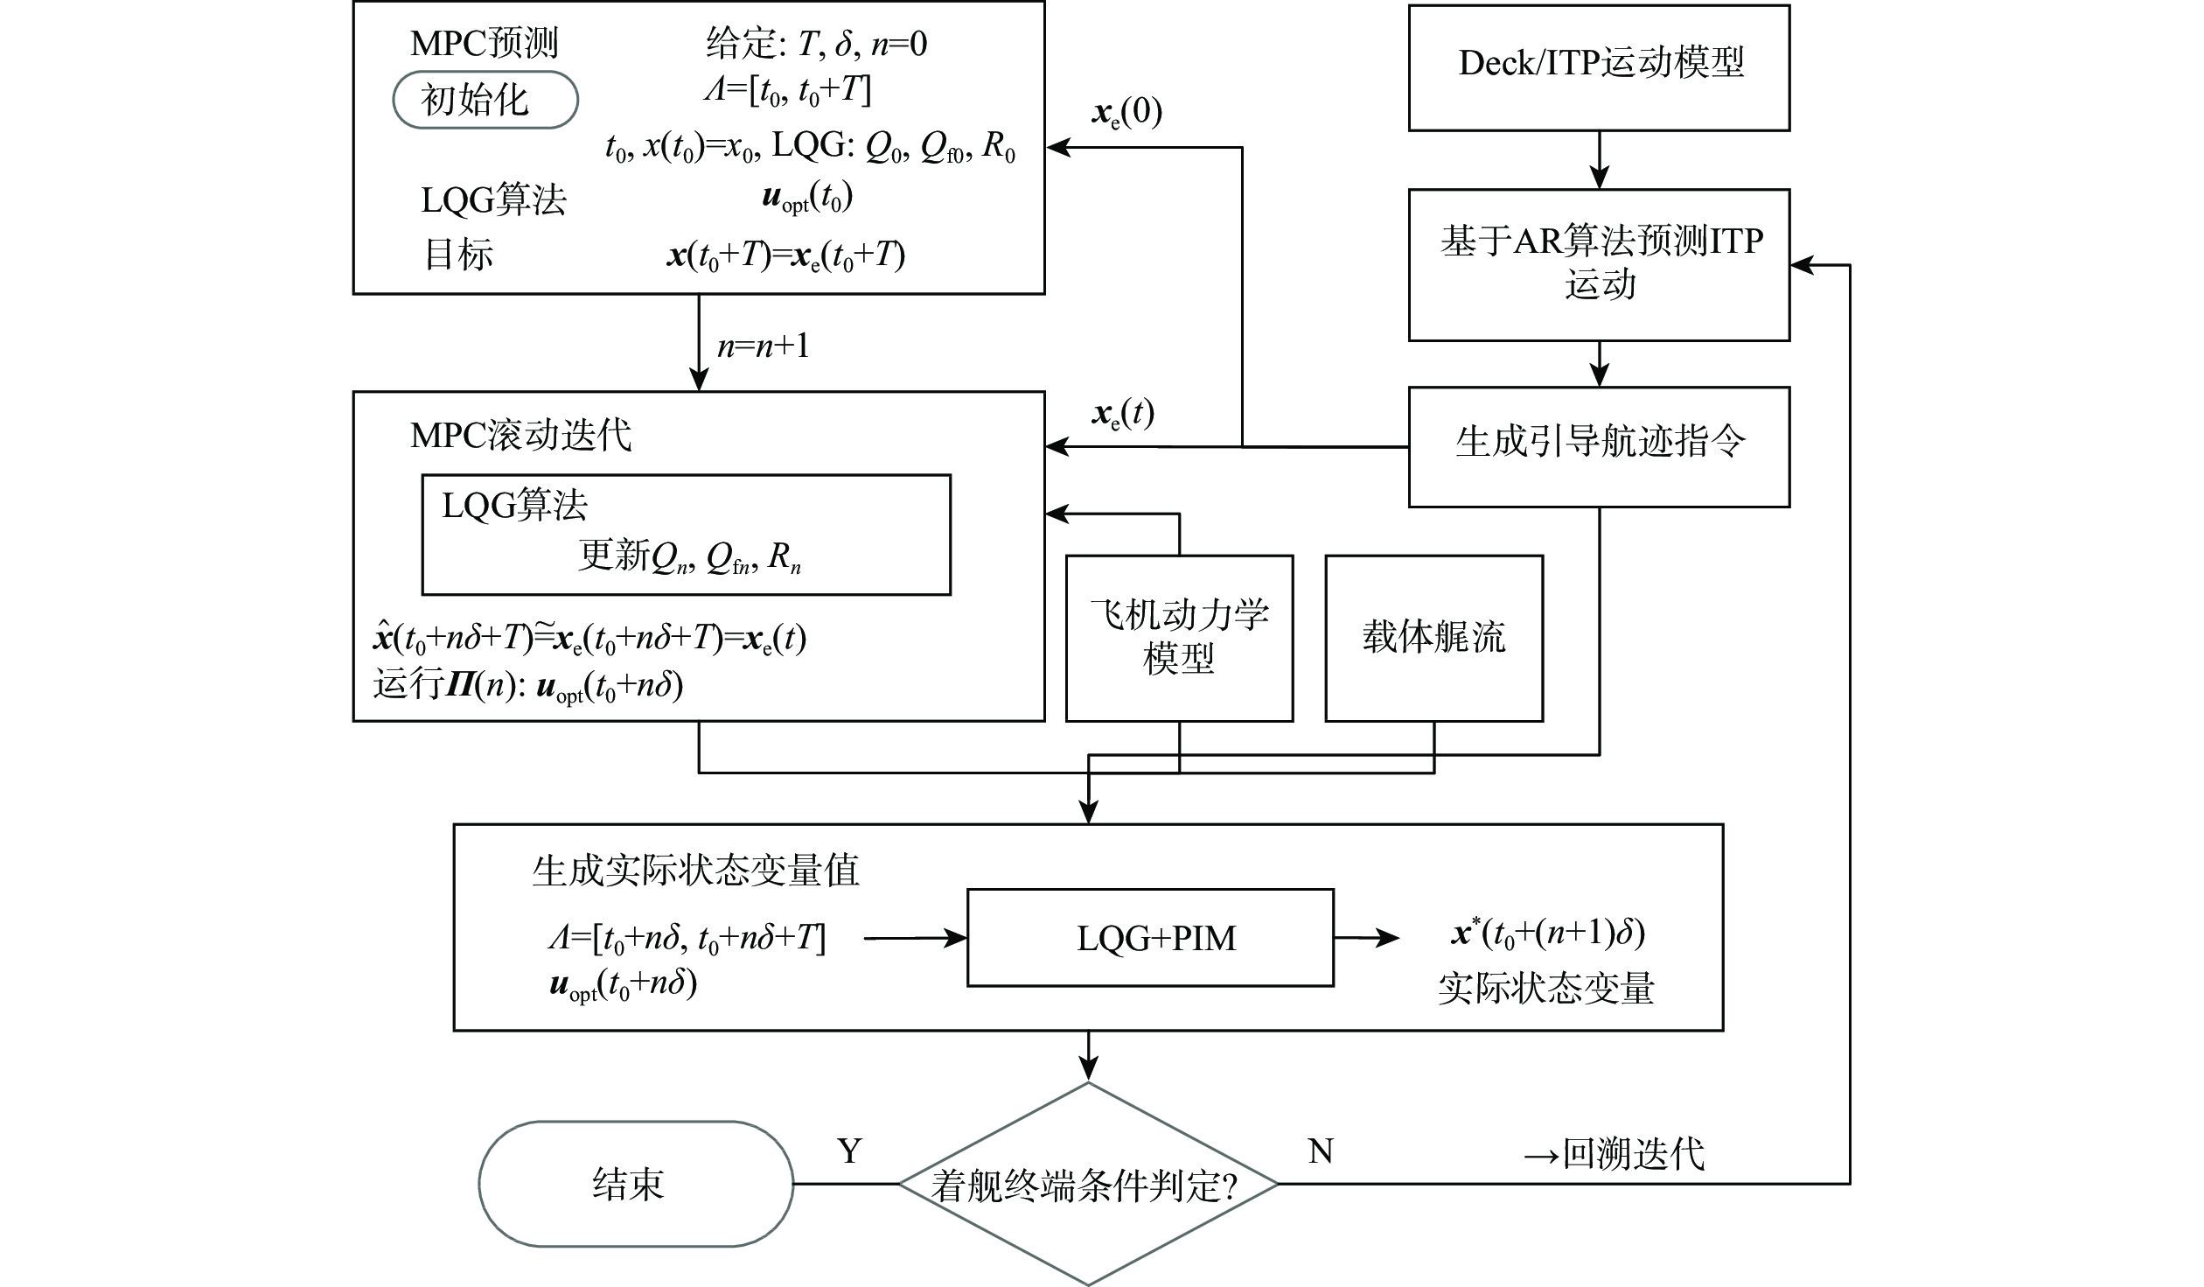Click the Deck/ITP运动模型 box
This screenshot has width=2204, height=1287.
(1599, 67)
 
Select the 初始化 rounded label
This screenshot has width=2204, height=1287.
(485, 100)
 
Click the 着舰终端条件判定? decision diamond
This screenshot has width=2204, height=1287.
(1088, 1184)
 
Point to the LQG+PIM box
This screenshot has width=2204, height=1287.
(1150, 938)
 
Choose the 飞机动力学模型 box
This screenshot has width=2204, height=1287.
(1179, 638)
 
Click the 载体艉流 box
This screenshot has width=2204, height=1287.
(1433, 638)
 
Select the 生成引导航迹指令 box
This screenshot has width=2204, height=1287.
(1599, 446)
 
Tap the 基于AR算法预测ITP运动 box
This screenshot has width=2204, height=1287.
(1599, 264)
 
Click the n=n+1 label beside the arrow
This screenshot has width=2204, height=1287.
(764, 346)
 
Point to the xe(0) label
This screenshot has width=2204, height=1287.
(1126, 114)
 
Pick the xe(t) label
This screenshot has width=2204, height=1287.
(1123, 413)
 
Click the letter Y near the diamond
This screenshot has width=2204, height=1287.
(849, 1151)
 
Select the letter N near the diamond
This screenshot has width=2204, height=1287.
(1320, 1151)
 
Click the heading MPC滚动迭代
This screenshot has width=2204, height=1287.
(521, 435)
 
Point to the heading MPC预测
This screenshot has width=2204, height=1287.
(485, 43)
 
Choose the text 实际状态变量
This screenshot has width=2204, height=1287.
(1546, 988)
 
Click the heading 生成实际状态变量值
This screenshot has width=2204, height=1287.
(696, 871)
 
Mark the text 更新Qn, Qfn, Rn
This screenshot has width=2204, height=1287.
(689, 556)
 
